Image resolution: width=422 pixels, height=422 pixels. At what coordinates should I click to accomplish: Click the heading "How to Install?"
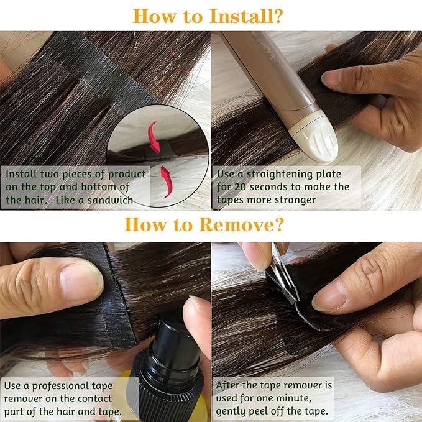(x=211, y=16)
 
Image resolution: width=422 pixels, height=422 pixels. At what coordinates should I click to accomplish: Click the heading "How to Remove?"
(x=211, y=224)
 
